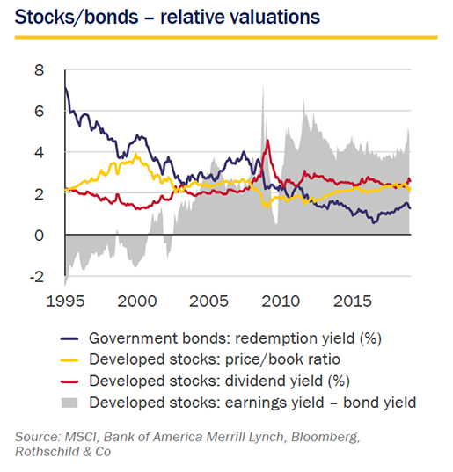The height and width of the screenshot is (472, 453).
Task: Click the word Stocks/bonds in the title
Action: tap(77, 18)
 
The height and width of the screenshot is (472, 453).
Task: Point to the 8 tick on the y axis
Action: tap(40, 70)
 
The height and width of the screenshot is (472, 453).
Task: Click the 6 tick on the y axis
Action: tap(40, 112)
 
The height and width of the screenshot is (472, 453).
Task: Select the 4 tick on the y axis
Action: tap(40, 153)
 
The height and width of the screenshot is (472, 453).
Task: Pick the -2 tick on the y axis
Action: tap(37, 276)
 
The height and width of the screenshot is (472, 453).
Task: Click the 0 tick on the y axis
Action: tap(40, 235)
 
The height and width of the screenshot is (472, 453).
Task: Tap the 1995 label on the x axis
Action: tap(65, 301)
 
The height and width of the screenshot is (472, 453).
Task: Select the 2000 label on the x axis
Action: tap(137, 301)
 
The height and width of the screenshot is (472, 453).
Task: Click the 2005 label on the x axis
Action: tap(208, 301)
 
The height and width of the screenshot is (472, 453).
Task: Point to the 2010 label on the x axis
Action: tap(281, 301)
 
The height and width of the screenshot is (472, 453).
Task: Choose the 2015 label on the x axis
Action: tap(353, 301)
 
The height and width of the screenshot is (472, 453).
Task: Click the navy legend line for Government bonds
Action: tap(69, 338)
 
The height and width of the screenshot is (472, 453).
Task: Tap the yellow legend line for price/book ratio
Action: tap(69, 360)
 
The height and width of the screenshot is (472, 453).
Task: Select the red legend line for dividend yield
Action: tap(69, 381)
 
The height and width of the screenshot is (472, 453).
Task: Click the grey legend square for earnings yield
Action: tap(69, 403)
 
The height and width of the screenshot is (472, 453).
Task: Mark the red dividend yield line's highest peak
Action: tap(267, 141)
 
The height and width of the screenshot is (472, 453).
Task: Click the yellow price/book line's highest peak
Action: tap(136, 154)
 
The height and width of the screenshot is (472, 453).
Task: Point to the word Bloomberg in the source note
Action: tap(325, 438)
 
